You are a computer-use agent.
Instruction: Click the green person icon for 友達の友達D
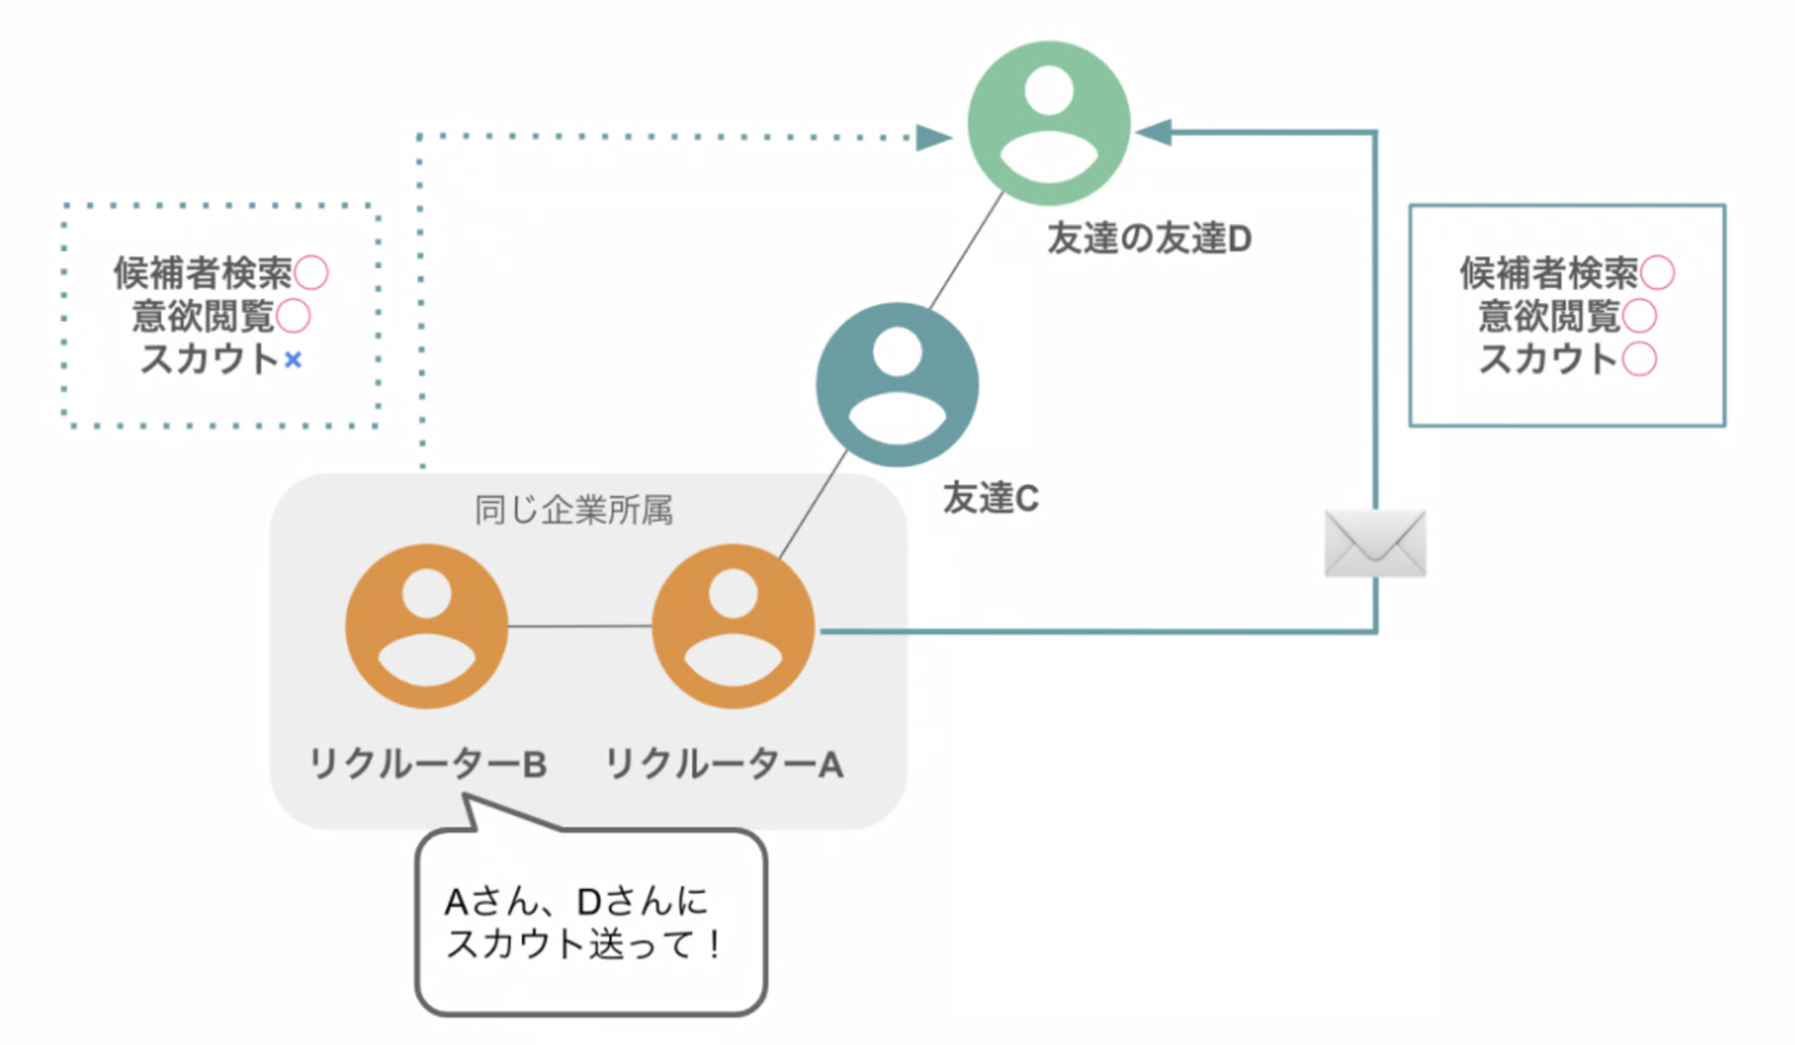(x=1049, y=122)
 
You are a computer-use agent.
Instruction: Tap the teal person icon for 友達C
(x=897, y=384)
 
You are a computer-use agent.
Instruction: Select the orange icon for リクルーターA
(x=733, y=626)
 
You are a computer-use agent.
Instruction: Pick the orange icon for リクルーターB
(x=426, y=626)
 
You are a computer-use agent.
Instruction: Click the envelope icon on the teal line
(x=1375, y=544)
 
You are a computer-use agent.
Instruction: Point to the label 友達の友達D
(x=1149, y=239)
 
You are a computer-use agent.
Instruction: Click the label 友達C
(x=990, y=498)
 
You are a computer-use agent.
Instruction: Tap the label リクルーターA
(x=725, y=765)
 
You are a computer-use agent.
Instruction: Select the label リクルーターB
(x=427, y=765)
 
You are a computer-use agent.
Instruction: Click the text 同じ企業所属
(x=573, y=510)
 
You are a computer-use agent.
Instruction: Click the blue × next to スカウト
(x=294, y=360)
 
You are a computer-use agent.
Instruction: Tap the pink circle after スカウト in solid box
(x=1640, y=359)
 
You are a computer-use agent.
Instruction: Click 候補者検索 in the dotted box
(x=203, y=273)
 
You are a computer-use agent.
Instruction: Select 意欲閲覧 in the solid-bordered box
(x=1548, y=316)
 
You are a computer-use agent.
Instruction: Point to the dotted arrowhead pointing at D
(x=932, y=138)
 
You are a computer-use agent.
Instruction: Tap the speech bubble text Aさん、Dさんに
(x=576, y=902)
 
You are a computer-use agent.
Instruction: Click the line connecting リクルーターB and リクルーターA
(x=580, y=626)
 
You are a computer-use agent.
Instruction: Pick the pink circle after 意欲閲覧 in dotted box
(x=294, y=316)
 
